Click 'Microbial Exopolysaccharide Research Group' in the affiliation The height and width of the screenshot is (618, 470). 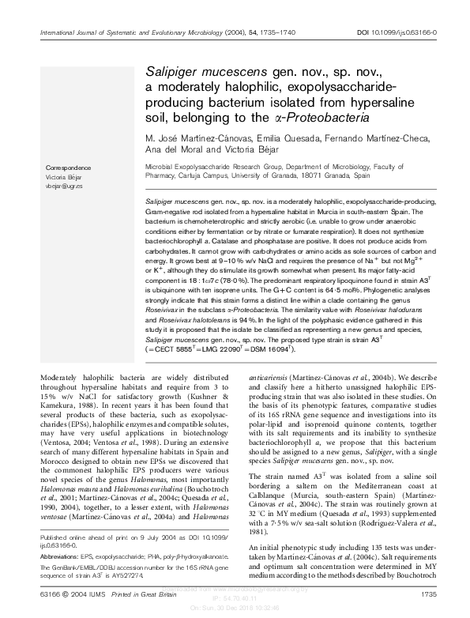[x=209, y=168]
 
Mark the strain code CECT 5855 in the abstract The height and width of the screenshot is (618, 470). [x=172, y=347]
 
